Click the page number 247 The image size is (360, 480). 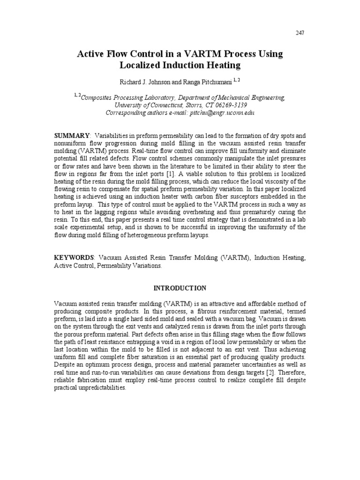(x=301, y=32)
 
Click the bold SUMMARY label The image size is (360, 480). (x=71, y=135)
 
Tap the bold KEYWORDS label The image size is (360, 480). (x=74, y=258)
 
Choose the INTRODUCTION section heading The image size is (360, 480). (x=180, y=287)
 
